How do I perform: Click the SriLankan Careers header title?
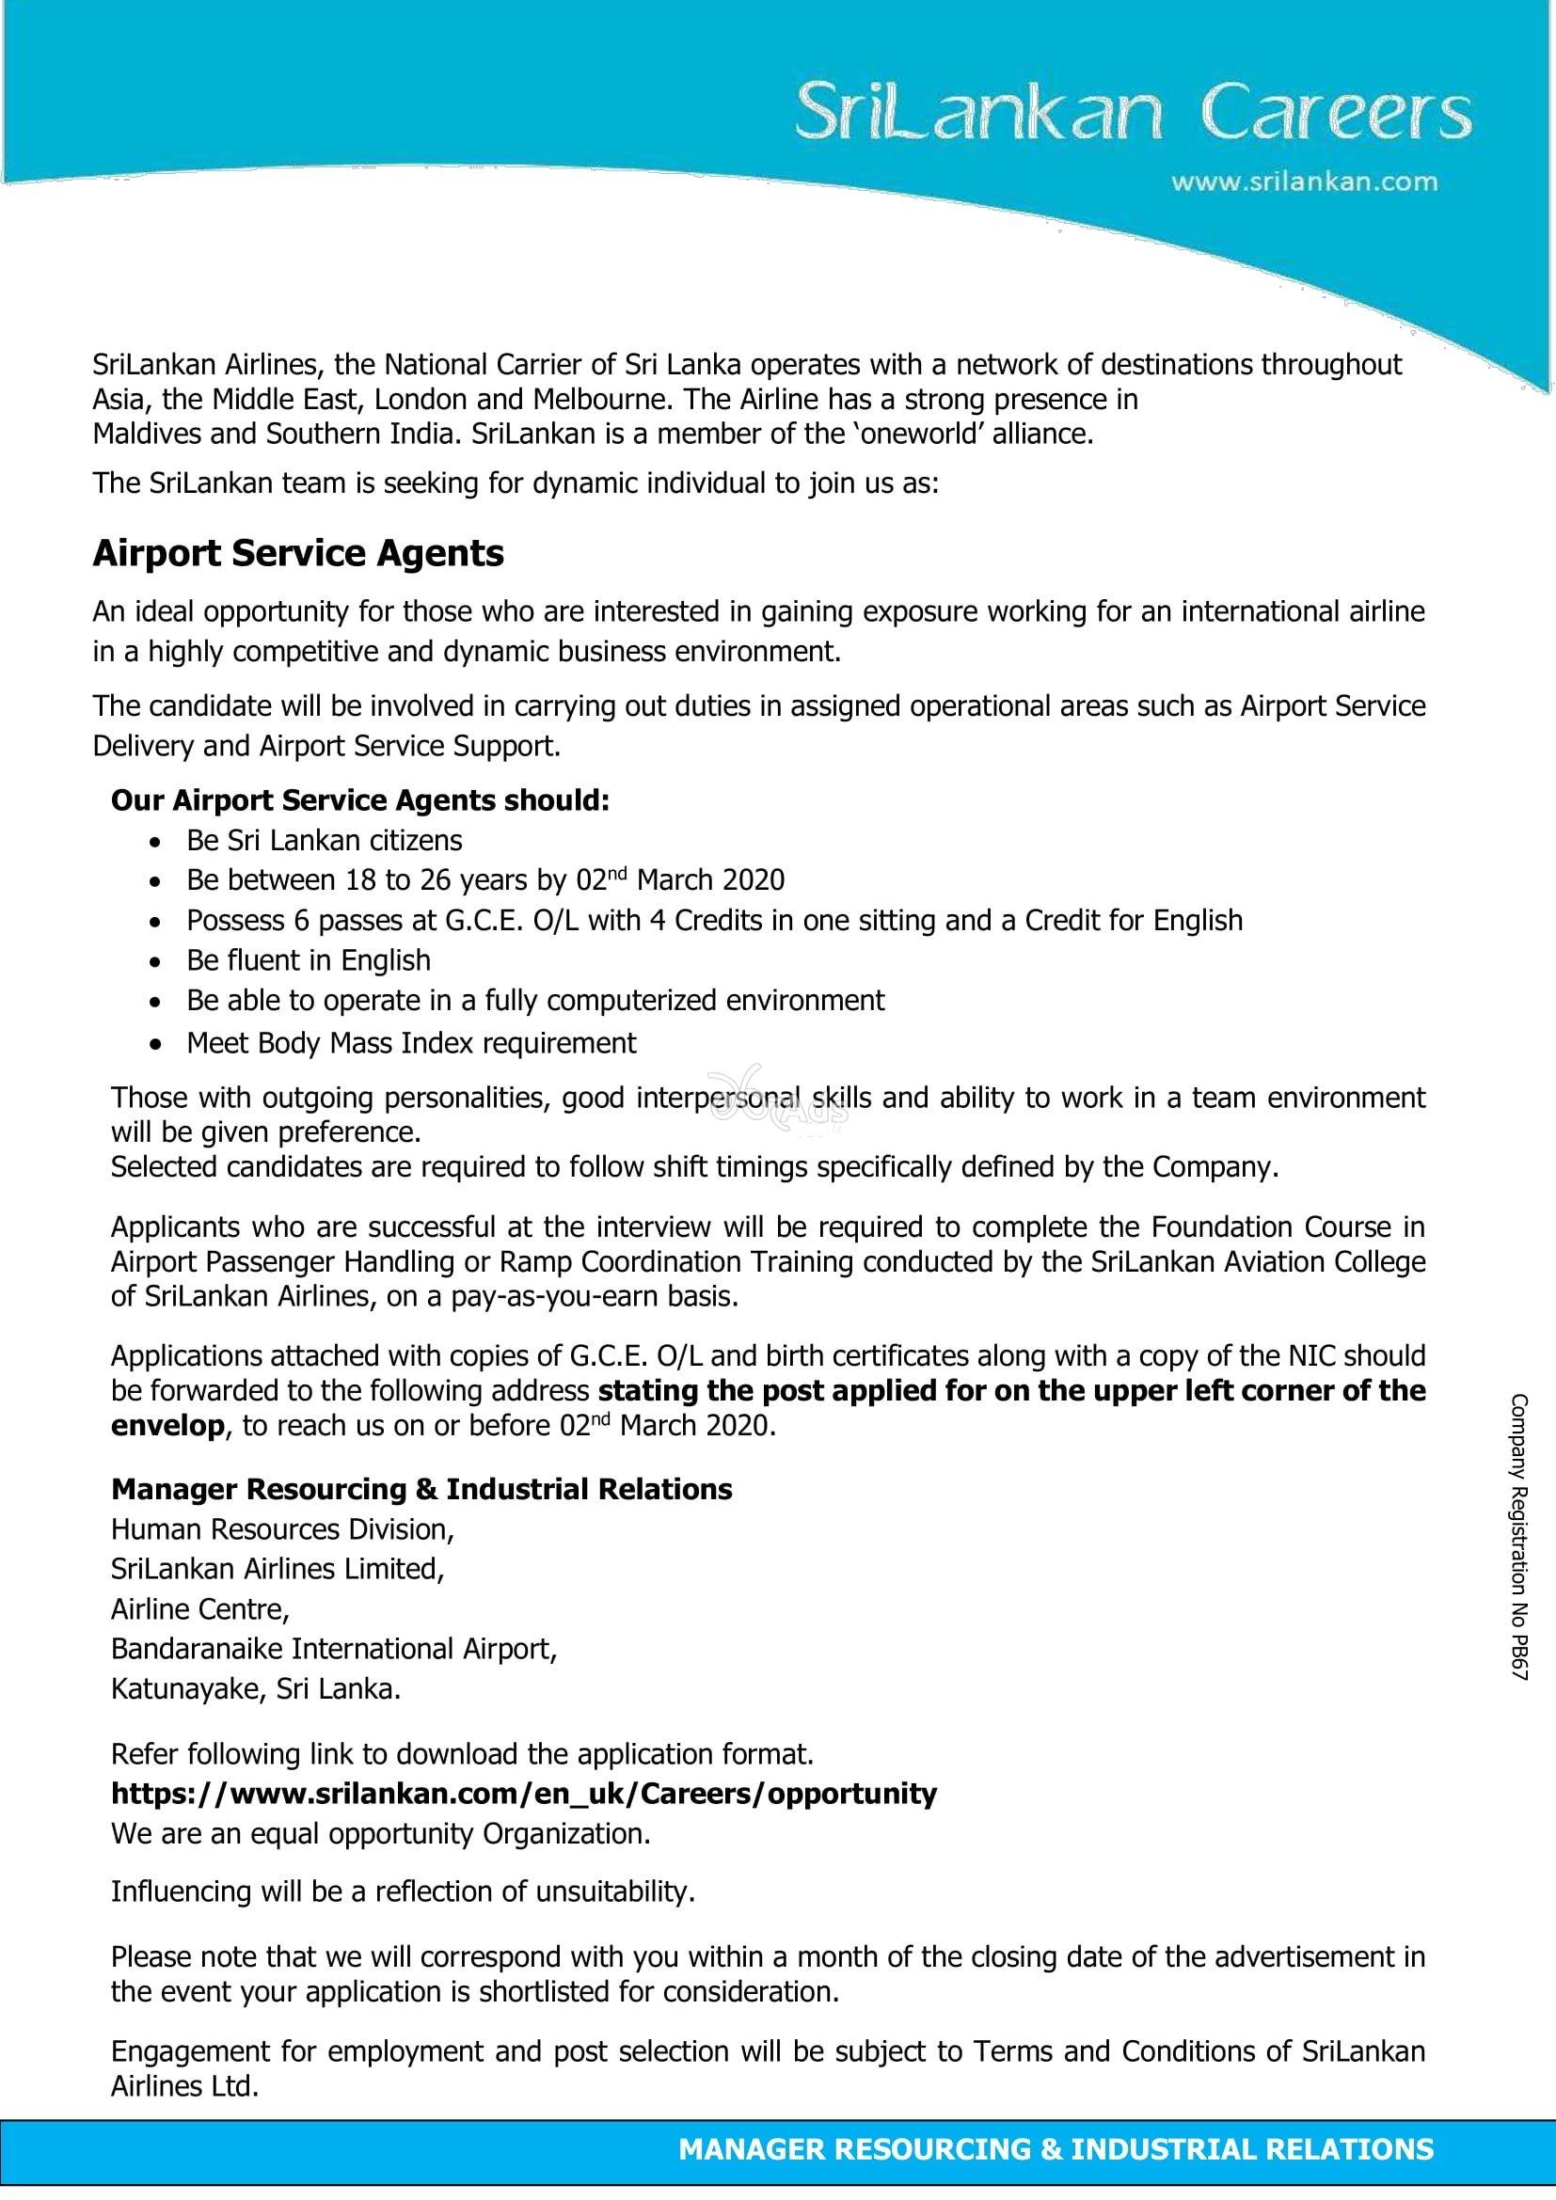(x=1134, y=115)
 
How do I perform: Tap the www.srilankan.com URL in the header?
(x=1304, y=182)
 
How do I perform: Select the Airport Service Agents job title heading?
(x=298, y=554)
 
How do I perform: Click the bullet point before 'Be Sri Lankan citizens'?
(x=155, y=842)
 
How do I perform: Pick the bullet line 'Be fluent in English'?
(x=309, y=960)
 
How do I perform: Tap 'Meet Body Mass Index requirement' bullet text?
(x=411, y=1042)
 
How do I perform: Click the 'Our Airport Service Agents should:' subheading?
(x=360, y=800)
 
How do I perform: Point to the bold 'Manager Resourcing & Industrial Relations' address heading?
(x=421, y=1489)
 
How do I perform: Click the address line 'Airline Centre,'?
(x=200, y=1608)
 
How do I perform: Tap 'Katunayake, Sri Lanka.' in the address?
(x=256, y=1688)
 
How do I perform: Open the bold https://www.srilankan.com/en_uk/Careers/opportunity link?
(x=524, y=1793)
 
